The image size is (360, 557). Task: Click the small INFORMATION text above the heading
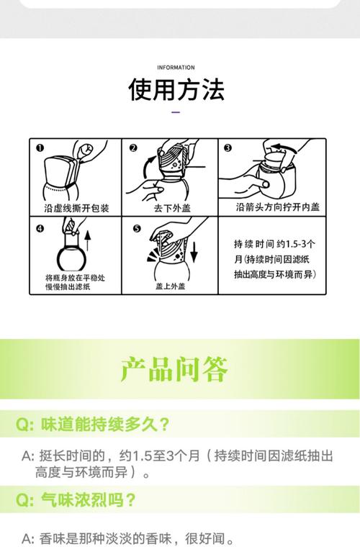tap(176, 68)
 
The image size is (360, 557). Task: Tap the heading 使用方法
tap(176, 90)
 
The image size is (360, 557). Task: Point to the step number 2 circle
tap(132, 148)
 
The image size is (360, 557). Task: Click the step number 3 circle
tap(228, 148)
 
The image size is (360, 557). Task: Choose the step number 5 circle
tap(137, 230)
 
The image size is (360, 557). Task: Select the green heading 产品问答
tap(175, 368)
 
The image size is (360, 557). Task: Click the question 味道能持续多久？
tap(101, 424)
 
